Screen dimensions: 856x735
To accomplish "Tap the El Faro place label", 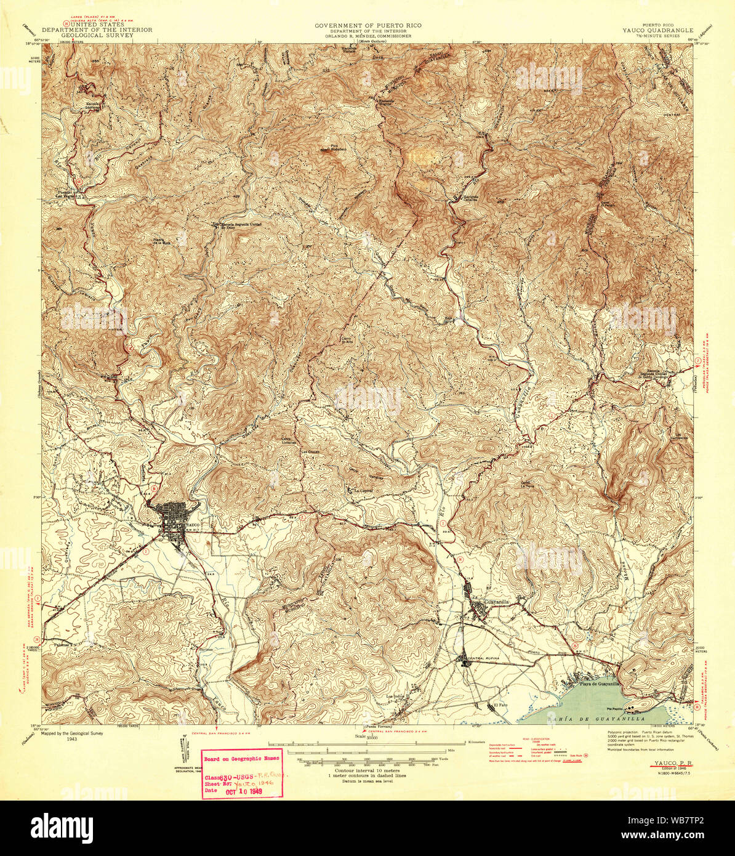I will click(x=500, y=706).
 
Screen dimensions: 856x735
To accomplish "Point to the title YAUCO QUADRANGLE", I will click(x=657, y=30).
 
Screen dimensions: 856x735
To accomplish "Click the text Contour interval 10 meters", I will click(x=367, y=770).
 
